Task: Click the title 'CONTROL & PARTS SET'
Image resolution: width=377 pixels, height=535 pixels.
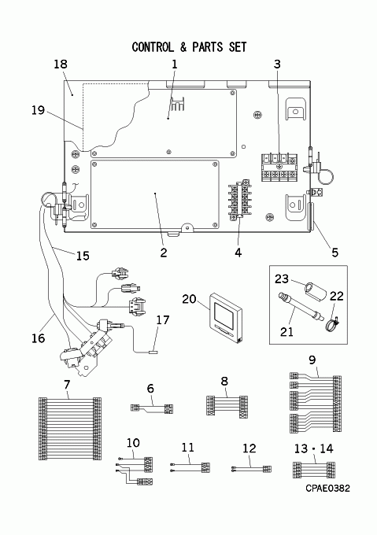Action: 189,47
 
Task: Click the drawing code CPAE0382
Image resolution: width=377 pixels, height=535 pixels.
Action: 327,489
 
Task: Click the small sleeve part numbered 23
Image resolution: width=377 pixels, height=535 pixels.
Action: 315,290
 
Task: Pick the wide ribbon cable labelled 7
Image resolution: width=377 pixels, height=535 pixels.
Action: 70,428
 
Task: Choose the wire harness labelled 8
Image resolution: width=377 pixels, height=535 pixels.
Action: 227,406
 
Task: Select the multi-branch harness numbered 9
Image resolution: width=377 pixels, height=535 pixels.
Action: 316,404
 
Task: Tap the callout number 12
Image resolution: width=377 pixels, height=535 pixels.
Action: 249,448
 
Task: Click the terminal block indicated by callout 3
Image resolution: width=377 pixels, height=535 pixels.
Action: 279,167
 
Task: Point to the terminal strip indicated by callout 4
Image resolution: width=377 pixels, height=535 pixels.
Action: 240,199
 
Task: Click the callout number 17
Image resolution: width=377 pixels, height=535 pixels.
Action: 163,320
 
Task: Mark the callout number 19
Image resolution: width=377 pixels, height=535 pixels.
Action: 39,110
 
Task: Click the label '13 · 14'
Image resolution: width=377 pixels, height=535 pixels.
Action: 313,448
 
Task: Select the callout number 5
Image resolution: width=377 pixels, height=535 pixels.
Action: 334,253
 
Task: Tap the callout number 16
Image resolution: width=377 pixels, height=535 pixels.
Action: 39,338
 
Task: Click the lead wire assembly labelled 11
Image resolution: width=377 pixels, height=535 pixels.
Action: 190,467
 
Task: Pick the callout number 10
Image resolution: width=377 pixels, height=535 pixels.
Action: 133,442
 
